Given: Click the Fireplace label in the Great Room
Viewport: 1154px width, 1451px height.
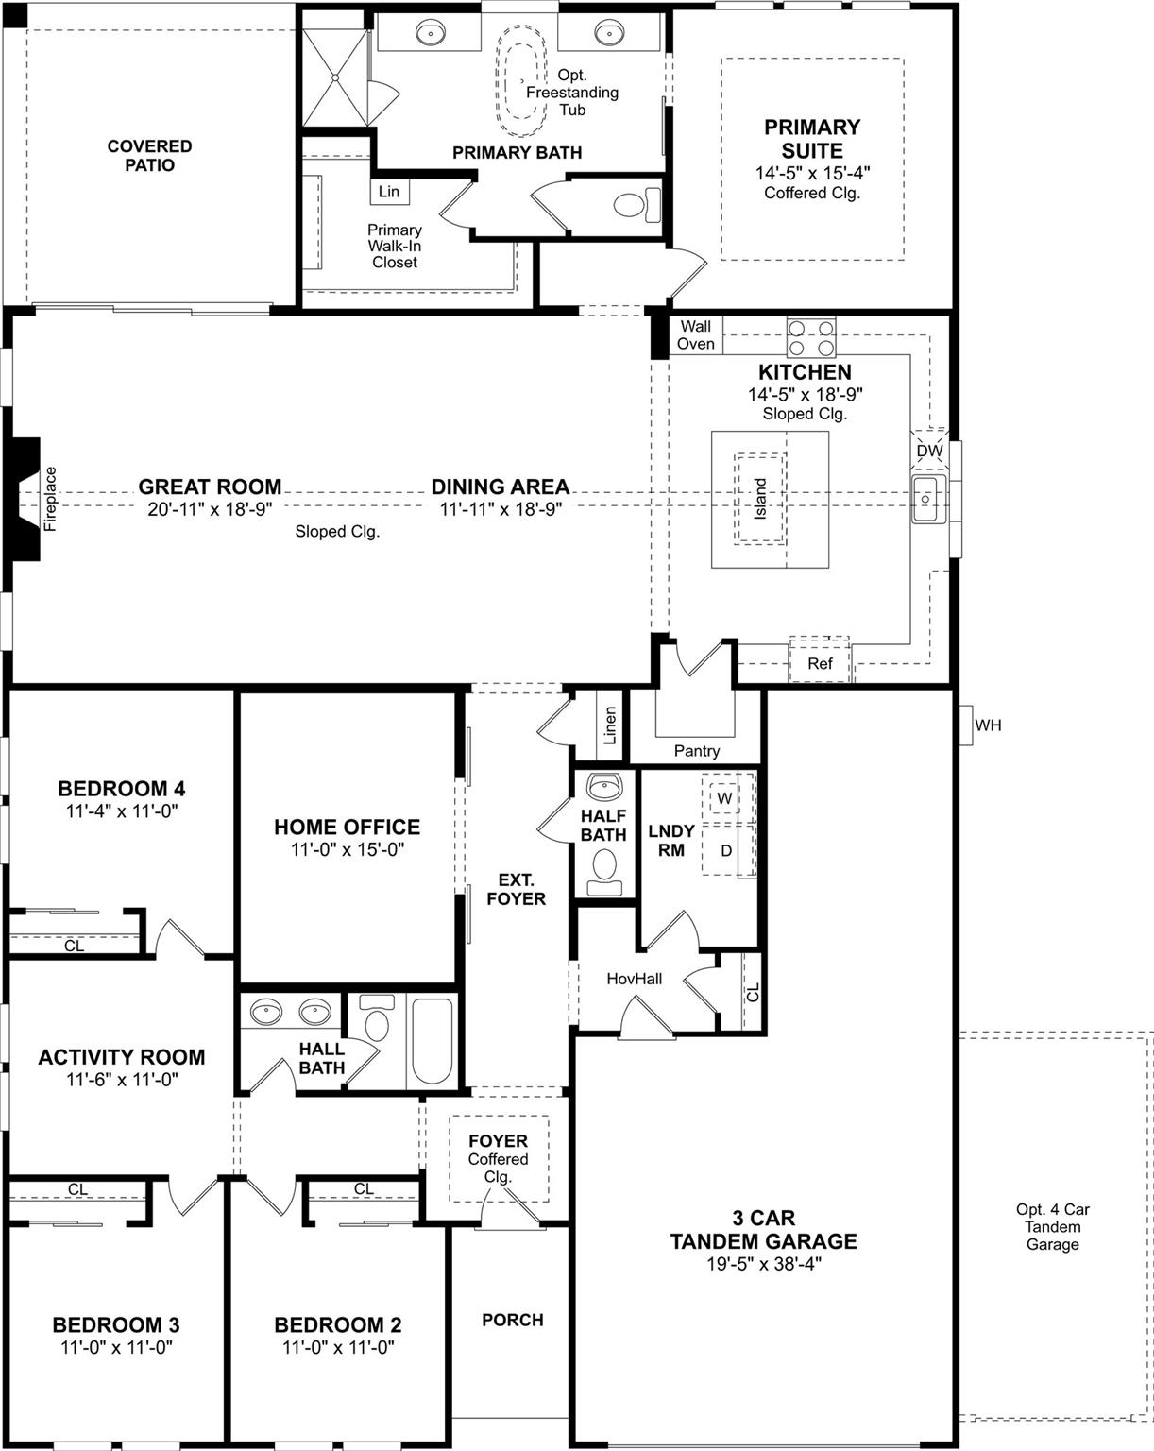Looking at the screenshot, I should pyautogui.click(x=51, y=499).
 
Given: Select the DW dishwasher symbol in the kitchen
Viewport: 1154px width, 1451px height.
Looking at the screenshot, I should pyautogui.click(x=929, y=451).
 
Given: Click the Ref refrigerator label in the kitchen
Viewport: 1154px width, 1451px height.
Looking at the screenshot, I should pyautogui.click(x=820, y=663).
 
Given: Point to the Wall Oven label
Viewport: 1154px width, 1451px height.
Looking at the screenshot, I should pyautogui.click(x=696, y=335).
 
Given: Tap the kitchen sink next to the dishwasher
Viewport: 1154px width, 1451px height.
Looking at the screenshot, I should pyautogui.click(x=925, y=500).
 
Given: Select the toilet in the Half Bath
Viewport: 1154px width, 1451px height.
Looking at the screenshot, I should pyautogui.click(x=603, y=867).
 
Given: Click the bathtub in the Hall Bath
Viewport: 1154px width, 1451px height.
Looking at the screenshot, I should pyautogui.click(x=433, y=1040).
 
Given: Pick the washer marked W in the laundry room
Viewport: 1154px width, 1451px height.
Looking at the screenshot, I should pyautogui.click(x=725, y=798).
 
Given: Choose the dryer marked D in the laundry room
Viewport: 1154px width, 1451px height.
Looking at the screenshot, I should pyautogui.click(x=726, y=850).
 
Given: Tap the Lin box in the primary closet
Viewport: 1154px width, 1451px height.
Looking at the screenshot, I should pyautogui.click(x=389, y=192).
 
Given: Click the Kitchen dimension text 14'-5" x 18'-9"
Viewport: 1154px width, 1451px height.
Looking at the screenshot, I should pyautogui.click(x=805, y=394).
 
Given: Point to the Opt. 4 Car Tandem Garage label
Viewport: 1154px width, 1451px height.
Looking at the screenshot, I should pyautogui.click(x=1052, y=1226).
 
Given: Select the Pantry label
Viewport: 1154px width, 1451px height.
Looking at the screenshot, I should pyautogui.click(x=697, y=751).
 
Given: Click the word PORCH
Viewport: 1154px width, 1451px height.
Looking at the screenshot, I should pyautogui.click(x=513, y=1320).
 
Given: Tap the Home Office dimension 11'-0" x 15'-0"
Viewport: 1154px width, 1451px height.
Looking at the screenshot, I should pyautogui.click(x=348, y=849).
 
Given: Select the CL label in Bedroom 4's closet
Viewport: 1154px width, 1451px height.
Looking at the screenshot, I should pyautogui.click(x=74, y=946).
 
